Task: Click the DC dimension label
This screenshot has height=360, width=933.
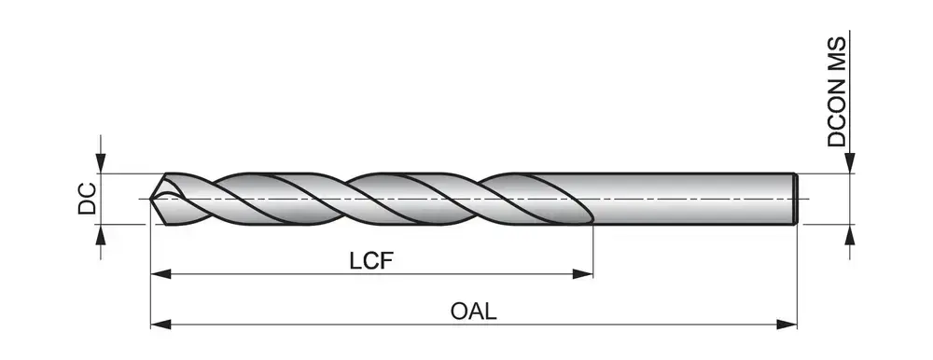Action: tap(88, 199)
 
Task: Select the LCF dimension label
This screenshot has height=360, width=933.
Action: tap(372, 260)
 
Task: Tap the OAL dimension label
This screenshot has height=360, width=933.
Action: tap(474, 312)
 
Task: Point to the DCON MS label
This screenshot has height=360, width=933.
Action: tap(836, 91)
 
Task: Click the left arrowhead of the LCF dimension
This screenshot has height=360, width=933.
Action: tap(160, 273)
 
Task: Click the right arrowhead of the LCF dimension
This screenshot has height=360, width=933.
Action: tap(582, 273)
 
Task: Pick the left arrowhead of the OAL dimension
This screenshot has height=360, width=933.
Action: tap(160, 325)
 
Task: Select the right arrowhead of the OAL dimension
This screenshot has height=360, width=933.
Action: tap(787, 325)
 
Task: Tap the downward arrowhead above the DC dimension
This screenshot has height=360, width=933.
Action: tap(101, 163)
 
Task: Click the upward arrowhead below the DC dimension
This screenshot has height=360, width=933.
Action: tap(101, 235)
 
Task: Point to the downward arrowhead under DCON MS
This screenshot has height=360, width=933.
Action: tap(850, 163)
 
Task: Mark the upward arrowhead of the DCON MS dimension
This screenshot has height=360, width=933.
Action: tap(850, 235)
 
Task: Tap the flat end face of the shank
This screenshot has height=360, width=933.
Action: tap(796, 199)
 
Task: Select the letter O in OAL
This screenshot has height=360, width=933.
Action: tap(459, 312)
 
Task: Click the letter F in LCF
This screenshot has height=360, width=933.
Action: tap(388, 260)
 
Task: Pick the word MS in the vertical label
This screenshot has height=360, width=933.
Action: tap(836, 49)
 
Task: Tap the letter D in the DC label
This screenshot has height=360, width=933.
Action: tap(88, 207)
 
